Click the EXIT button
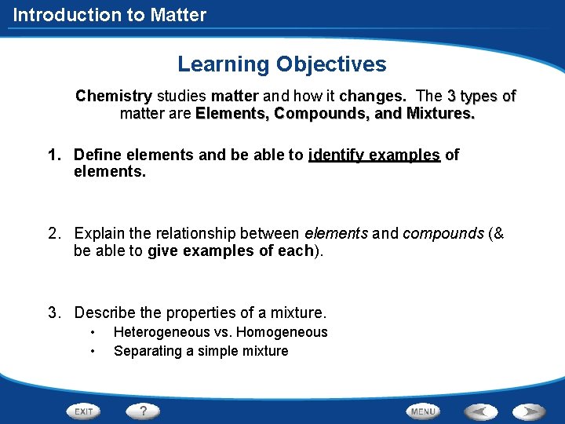[x=84, y=411]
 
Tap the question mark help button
[x=143, y=411]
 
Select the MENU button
[x=423, y=411]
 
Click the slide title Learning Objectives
[x=282, y=64]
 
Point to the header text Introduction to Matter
[x=110, y=15]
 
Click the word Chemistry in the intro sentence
[x=113, y=97]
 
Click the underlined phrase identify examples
[x=374, y=155]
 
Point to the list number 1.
[x=53, y=155]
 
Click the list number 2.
[x=53, y=233]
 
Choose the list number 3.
[x=53, y=313]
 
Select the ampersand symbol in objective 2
[x=498, y=233]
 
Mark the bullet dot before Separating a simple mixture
[x=93, y=351]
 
